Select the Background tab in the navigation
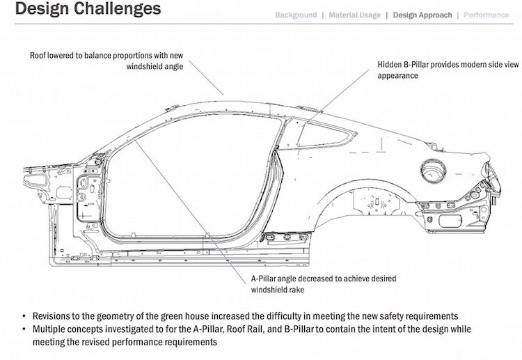point(296,15)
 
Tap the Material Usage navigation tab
point(355,15)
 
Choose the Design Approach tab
point(422,15)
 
